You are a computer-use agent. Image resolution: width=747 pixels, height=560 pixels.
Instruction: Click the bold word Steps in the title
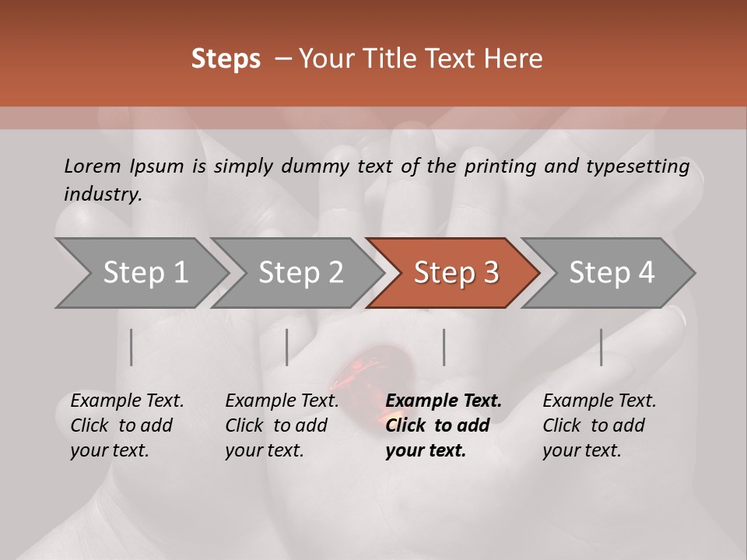coord(226,59)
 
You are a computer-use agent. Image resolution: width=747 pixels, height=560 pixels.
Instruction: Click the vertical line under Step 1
coord(132,347)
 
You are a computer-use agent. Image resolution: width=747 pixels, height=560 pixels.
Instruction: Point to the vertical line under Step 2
coord(287,347)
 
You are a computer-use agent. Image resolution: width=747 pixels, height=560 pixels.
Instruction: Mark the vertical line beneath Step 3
coord(444,347)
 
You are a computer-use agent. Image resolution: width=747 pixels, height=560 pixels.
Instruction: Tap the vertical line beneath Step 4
coord(601,347)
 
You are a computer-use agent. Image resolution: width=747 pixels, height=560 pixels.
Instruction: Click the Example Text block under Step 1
coord(127,425)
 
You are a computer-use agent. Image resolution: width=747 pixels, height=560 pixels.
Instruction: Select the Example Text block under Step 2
coord(282,425)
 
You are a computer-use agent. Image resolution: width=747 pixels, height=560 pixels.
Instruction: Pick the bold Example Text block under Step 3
coord(443,425)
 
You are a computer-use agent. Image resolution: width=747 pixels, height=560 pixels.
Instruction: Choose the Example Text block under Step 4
coord(599,425)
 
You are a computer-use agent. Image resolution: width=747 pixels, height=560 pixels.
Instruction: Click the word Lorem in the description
coord(93,166)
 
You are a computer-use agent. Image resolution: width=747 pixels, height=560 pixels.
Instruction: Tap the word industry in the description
coord(103,194)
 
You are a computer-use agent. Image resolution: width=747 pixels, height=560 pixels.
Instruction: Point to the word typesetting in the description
coord(644,166)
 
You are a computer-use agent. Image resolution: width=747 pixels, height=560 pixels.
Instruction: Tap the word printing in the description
coord(498,166)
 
